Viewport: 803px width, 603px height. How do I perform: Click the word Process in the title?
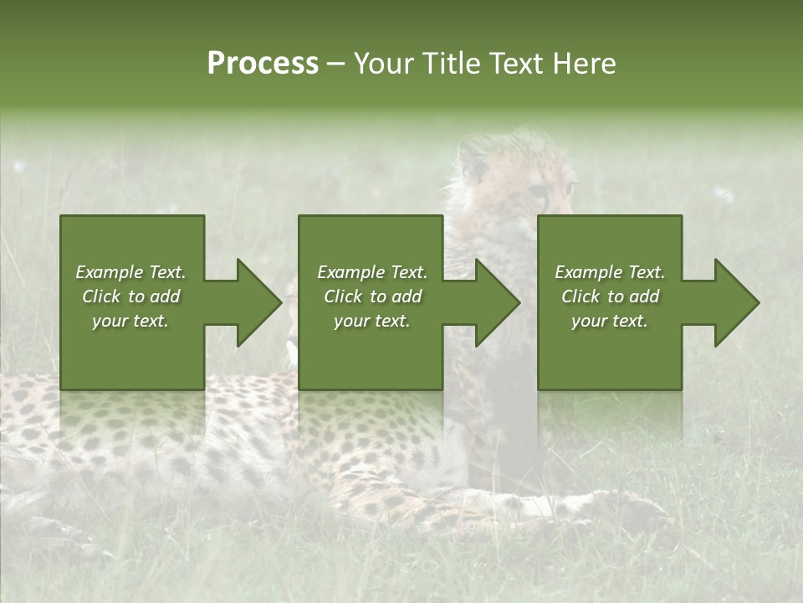coord(263,64)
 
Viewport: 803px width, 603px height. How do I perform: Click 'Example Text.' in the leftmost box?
coord(131,272)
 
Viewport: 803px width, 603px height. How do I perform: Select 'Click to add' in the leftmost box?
coord(131,296)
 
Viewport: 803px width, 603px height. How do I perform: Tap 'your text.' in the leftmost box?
coord(131,321)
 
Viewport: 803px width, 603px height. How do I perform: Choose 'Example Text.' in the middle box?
coord(371,272)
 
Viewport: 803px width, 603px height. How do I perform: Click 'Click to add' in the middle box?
coord(371,296)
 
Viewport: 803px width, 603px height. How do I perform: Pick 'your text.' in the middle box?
coord(371,321)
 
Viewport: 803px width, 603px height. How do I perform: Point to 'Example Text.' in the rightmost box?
coord(610,272)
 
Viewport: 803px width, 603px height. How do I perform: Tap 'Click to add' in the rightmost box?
coord(610,296)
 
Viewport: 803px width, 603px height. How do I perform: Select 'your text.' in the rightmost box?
coord(610,321)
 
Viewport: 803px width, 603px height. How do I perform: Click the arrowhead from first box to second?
coord(255,302)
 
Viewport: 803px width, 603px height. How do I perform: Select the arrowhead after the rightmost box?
coord(733,302)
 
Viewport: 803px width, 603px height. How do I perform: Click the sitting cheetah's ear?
coord(473,159)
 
